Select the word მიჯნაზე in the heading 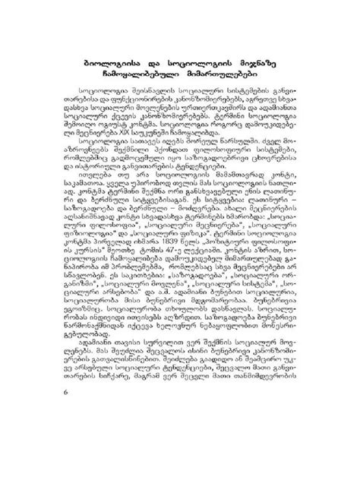click(x=263, y=54)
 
